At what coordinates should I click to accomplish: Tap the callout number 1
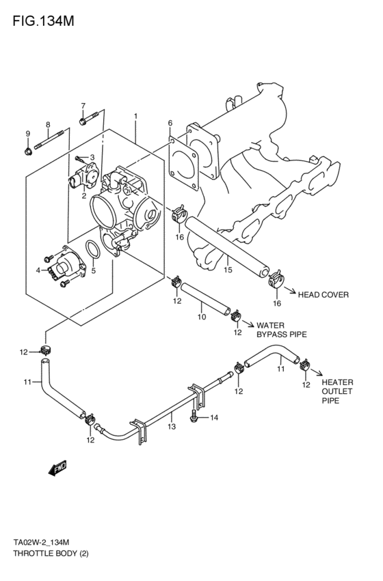(136, 117)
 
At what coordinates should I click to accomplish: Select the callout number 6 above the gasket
(170, 123)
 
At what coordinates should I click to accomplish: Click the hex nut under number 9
(28, 150)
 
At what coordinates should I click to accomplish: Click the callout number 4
(38, 271)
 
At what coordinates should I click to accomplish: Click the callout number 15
(228, 270)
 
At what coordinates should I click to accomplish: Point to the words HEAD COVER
(323, 295)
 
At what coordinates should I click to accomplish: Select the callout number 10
(201, 317)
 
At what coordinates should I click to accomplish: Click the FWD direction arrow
(57, 468)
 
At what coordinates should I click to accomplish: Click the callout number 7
(83, 106)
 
